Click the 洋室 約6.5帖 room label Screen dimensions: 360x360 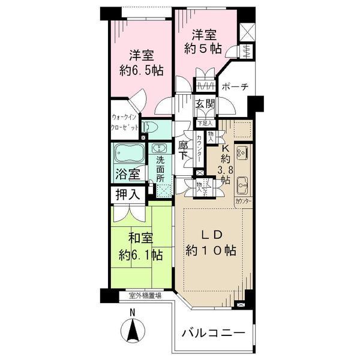click(139, 62)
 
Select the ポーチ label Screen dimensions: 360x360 click(235, 87)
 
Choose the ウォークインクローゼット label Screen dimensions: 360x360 click(125, 124)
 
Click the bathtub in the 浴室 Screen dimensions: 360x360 click(127, 155)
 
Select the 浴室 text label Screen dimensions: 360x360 click(127, 175)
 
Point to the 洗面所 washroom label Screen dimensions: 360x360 click(160, 169)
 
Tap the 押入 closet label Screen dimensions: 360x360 click(127, 194)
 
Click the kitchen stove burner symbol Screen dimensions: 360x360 click(243, 153)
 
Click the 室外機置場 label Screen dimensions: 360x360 click(145, 295)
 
